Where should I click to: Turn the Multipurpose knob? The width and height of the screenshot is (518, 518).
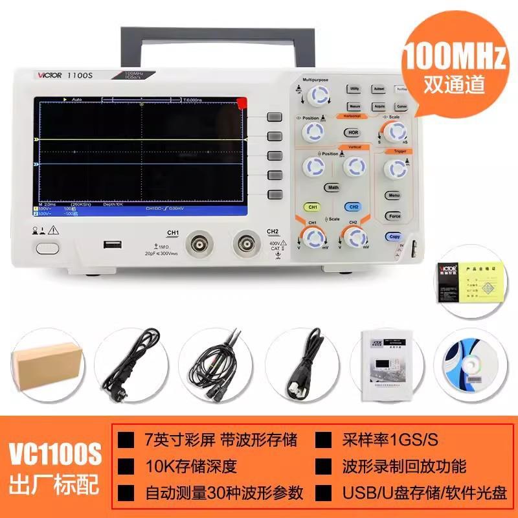coord(315,96)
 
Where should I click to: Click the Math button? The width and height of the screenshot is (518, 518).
coord(333,188)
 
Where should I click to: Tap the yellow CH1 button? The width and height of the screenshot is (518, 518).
coord(313,207)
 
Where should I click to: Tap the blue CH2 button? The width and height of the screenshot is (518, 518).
coord(354,207)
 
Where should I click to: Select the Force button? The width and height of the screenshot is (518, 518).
coord(394,216)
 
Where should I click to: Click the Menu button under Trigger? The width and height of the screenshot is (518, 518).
coord(394,195)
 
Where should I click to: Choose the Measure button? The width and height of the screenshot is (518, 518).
coord(354,105)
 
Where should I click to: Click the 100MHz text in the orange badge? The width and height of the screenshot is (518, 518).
coord(454,58)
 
